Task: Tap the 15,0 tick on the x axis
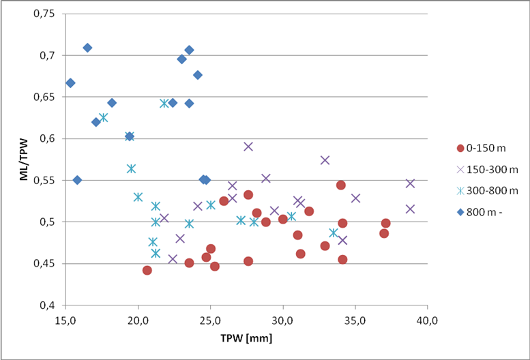65,318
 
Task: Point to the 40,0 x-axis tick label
427,318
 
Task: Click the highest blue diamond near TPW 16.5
87,48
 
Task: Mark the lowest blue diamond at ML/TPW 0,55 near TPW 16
77,180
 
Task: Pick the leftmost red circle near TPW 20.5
147,270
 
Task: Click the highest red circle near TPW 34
341,185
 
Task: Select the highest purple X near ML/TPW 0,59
248,147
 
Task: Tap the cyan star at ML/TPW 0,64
164,103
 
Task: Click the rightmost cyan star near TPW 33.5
334,232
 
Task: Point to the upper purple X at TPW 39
410,183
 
